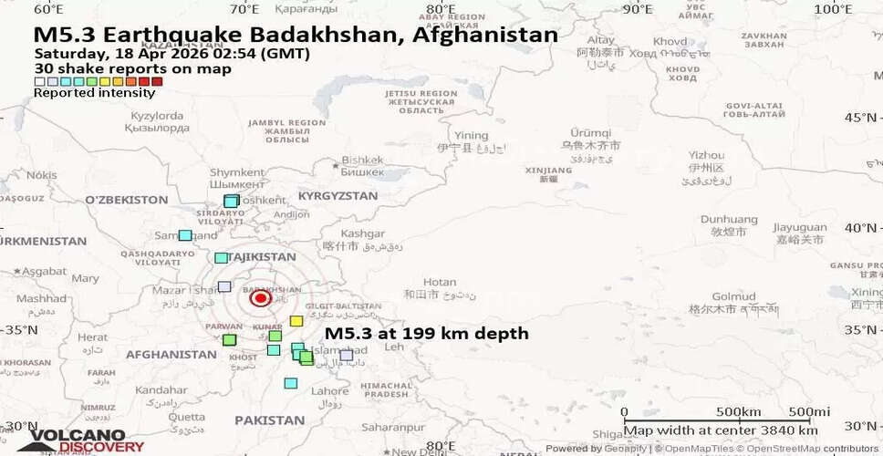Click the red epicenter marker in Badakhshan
click(260, 298)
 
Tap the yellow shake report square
click(296, 321)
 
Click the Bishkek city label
click(362, 160)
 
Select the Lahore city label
click(329, 391)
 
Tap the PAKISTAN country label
click(269, 420)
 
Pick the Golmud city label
click(733, 296)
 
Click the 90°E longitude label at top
click(636, 9)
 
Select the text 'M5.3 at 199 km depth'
click(426, 334)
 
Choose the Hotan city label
click(440, 283)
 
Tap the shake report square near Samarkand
click(185, 235)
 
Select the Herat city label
click(92, 337)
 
